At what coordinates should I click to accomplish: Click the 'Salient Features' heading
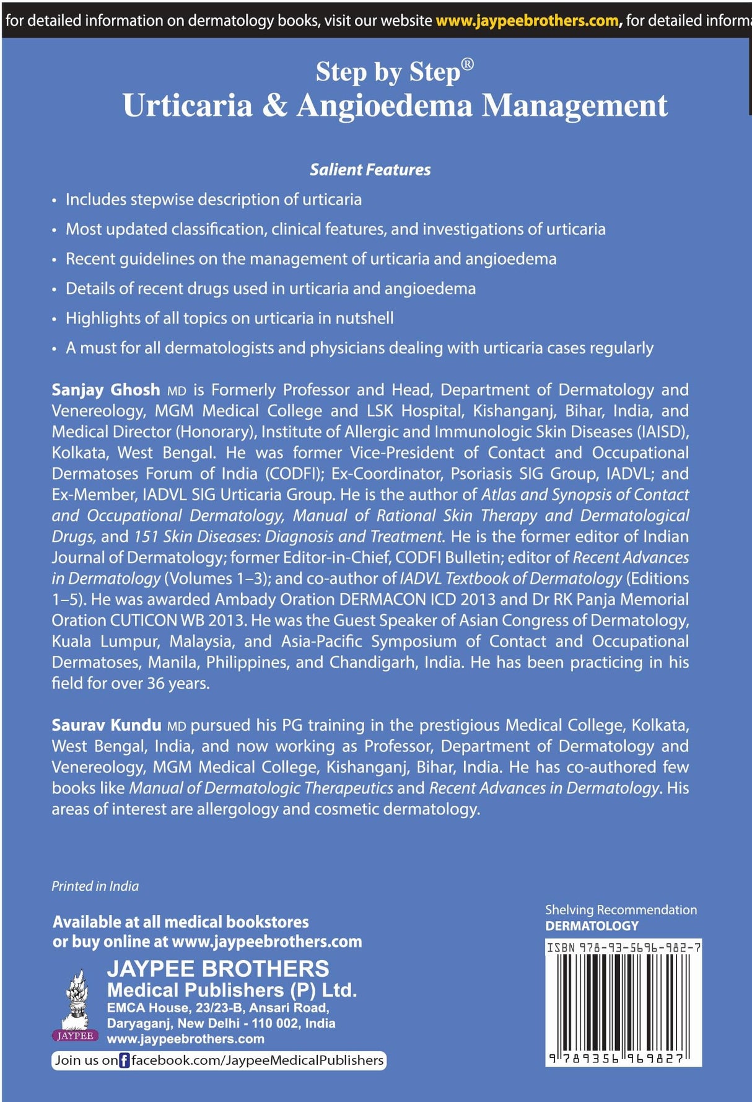[x=370, y=170]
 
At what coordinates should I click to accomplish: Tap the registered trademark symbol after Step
[x=468, y=64]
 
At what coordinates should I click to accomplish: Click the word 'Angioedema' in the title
[x=384, y=105]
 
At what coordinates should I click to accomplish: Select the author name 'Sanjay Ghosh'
[x=106, y=390]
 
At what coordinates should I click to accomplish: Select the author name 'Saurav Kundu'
[x=107, y=725]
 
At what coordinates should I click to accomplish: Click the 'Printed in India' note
[x=95, y=886]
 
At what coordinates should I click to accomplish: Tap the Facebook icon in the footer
[x=125, y=1060]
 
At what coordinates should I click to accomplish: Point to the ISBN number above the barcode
[x=623, y=948]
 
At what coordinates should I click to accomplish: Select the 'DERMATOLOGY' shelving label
[x=592, y=926]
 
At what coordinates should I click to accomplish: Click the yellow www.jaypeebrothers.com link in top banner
[x=527, y=20]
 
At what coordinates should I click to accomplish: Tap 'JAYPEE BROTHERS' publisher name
[x=218, y=969]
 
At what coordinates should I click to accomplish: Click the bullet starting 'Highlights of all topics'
[x=229, y=319]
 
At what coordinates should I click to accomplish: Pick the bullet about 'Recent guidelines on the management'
[x=311, y=259]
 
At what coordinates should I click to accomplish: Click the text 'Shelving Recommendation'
[x=621, y=910]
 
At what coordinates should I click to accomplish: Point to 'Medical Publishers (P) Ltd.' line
[x=232, y=990]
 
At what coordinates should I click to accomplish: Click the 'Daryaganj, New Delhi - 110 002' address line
[x=221, y=1023]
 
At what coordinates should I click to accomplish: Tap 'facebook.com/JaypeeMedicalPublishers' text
[x=257, y=1060]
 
